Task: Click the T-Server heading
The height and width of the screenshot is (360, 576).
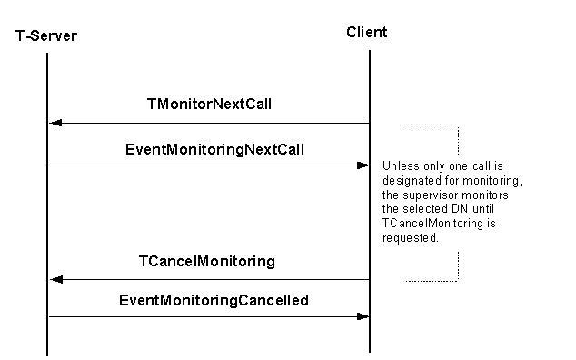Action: (x=46, y=35)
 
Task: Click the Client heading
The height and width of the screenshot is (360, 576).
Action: (x=367, y=33)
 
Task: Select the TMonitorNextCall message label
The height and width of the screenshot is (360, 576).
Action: (x=209, y=105)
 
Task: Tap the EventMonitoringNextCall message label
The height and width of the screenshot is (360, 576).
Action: (x=209, y=148)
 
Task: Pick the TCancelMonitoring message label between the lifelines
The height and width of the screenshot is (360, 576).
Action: (x=207, y=262)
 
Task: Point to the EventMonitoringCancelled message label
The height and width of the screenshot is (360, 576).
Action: (x=214, y=299)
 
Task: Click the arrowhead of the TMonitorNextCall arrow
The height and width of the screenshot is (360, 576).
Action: (x=55, y=124)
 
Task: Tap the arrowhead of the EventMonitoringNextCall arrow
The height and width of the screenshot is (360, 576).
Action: (x=362, y=165)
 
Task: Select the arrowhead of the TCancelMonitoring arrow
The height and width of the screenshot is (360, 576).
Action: (x=55, y=280)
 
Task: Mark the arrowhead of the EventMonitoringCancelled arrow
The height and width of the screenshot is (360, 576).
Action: (x=362, y=316)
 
